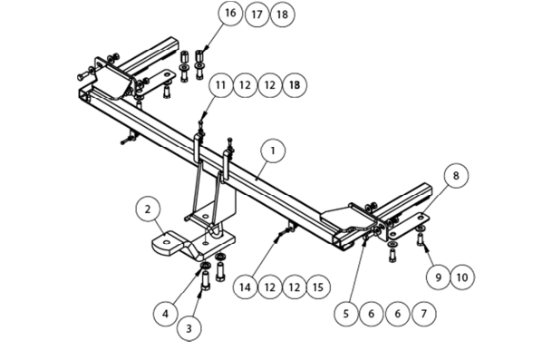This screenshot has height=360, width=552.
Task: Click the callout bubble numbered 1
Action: (x=273, y=151)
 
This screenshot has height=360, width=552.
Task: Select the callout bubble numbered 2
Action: (x=148, y=209)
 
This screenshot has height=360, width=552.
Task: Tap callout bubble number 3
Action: (x=189, y=328)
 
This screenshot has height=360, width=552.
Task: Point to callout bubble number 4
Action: (x=166, y=313)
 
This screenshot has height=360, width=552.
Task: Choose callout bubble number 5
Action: (x=346, y=313)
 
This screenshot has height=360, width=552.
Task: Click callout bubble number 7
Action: (x=424, y=313)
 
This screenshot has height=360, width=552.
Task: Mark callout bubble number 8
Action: (x=456, y=175)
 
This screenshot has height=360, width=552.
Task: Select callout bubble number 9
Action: (x=439, y=277)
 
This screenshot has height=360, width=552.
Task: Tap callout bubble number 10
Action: (x=462, y=277)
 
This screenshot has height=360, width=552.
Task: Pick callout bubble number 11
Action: (x=221, y=85)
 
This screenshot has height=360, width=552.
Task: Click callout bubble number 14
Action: (x=246, y=287)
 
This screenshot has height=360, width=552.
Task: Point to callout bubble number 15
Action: (x=318, y=287)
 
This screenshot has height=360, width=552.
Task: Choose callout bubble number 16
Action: (x=230, y=13)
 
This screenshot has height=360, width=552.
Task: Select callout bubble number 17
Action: (x=257, y=15)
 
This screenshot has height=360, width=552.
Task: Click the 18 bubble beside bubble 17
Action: (x=282, y=15)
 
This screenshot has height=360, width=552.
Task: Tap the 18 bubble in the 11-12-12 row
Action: (x=295, y=85)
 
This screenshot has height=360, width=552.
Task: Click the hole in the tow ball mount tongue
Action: (x=166, y=242)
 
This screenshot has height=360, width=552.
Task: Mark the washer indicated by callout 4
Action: (x=205, y=265)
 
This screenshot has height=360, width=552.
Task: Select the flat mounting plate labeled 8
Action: (x=409, y=225)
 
